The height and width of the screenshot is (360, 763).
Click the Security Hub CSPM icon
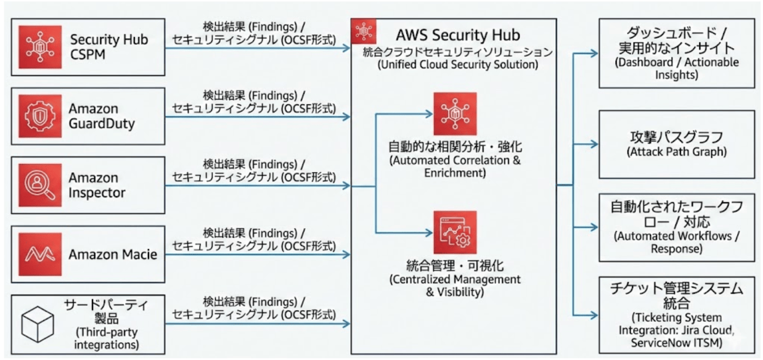40,47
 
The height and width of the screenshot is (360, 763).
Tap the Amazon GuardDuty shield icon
40,115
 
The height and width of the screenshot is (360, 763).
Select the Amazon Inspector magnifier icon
40,184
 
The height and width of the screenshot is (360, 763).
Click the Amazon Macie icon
40,254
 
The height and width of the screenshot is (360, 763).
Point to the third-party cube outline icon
40,324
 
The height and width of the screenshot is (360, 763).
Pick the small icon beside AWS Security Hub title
363,31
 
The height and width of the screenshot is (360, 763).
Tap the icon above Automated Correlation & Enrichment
454,113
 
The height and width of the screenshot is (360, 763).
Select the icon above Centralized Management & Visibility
454,232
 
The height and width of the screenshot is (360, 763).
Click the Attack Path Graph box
676,144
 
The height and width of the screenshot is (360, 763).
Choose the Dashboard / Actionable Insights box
676,54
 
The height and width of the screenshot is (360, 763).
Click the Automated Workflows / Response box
676,227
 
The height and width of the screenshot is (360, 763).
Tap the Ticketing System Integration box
676,315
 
